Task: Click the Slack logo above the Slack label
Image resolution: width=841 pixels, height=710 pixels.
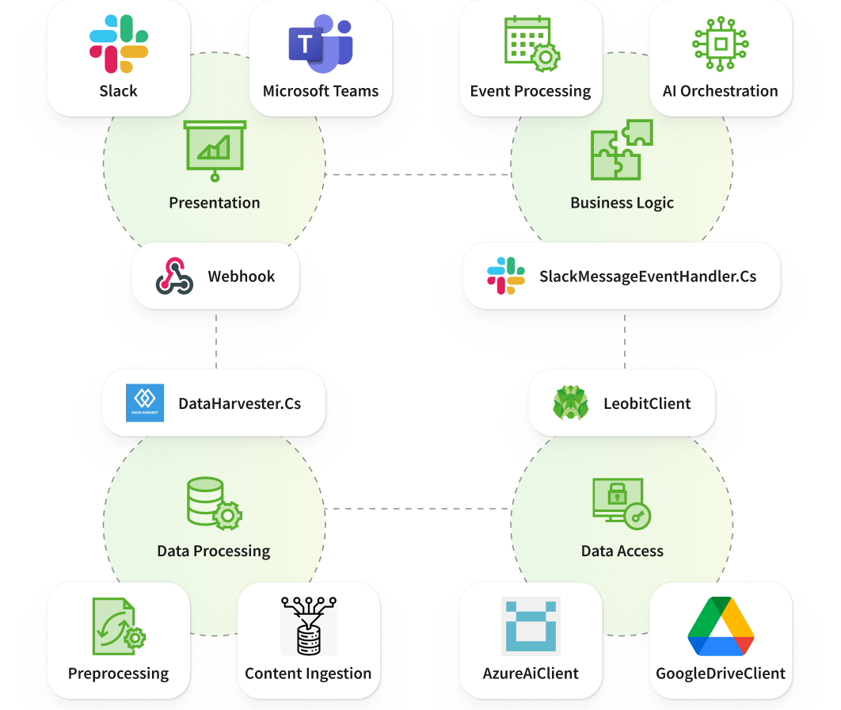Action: tap(119, 44)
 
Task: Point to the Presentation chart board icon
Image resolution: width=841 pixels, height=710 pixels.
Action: tap(215, 150)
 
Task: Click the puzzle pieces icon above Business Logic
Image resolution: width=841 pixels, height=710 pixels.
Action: tap(622, 150)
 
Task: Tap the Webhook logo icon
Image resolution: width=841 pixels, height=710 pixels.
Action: tap(174, 277)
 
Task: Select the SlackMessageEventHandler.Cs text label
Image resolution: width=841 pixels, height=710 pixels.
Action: tap(648, 277)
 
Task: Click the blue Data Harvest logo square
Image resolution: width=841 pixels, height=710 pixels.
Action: tap(145, 403)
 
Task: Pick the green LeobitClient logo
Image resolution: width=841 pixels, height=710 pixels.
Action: tap(571, 403)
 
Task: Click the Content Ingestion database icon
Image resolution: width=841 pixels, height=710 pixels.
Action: tap(309, 627)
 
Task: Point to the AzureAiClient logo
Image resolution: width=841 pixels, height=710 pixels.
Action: tap(531, 627)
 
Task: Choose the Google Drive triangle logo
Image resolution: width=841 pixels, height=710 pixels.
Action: tap(721, 627)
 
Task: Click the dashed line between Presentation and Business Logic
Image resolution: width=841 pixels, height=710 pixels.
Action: tap(418, 174)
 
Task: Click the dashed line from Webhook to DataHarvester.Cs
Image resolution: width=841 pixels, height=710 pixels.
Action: tap(216, 339)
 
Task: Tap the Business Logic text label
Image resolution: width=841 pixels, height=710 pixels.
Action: tap(622, 203)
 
